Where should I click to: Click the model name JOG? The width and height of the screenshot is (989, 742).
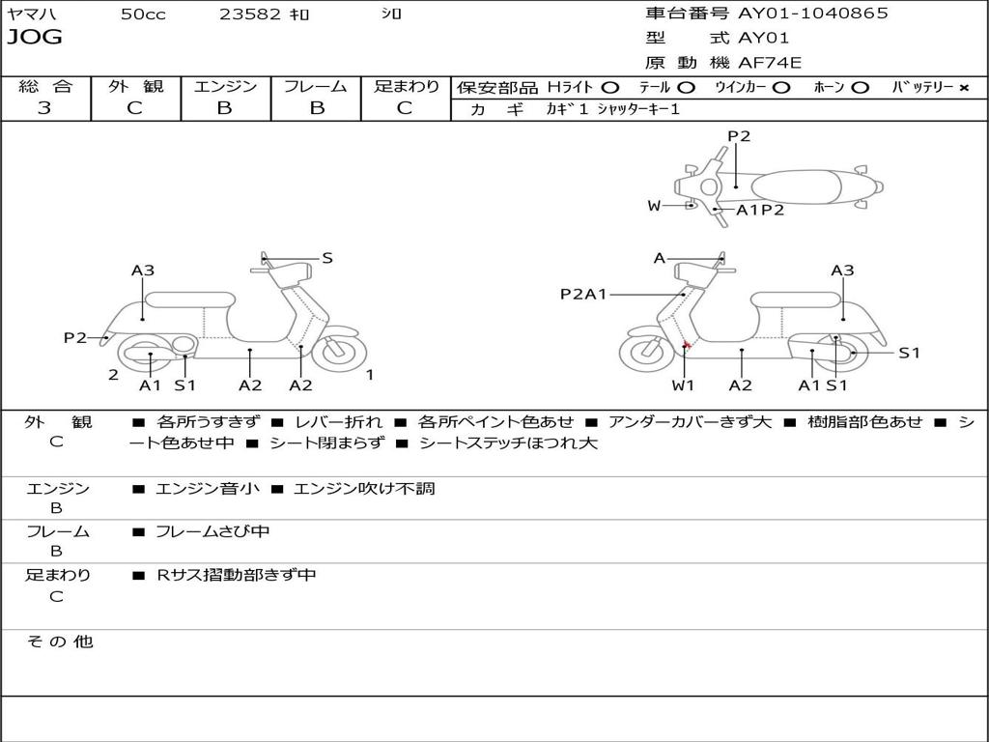[35, 38]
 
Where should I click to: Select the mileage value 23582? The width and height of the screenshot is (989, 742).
[251, 14]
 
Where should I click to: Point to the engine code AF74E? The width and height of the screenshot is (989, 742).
[770, 64]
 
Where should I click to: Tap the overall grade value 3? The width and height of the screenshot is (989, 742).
[44, 108]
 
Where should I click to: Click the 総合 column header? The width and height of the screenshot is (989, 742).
[45, 87]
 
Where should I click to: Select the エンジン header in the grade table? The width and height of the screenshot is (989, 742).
[225, 87]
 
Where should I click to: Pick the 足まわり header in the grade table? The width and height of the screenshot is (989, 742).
[406, 87]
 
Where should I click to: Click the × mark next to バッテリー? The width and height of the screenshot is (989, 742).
[963, 88]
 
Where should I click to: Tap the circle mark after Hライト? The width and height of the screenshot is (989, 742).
[610, 88]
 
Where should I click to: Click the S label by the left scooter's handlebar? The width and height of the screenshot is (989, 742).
[327, 258]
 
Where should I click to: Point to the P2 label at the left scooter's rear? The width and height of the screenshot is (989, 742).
[74, 337]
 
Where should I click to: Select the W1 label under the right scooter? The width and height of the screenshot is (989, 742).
[684, 385]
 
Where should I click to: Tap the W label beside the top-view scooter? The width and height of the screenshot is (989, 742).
[654, 205]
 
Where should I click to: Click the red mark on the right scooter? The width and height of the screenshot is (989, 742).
[686, 345]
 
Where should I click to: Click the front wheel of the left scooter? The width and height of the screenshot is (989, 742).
[340, 351]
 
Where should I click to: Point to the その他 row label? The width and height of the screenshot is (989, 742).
[59, 642]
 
